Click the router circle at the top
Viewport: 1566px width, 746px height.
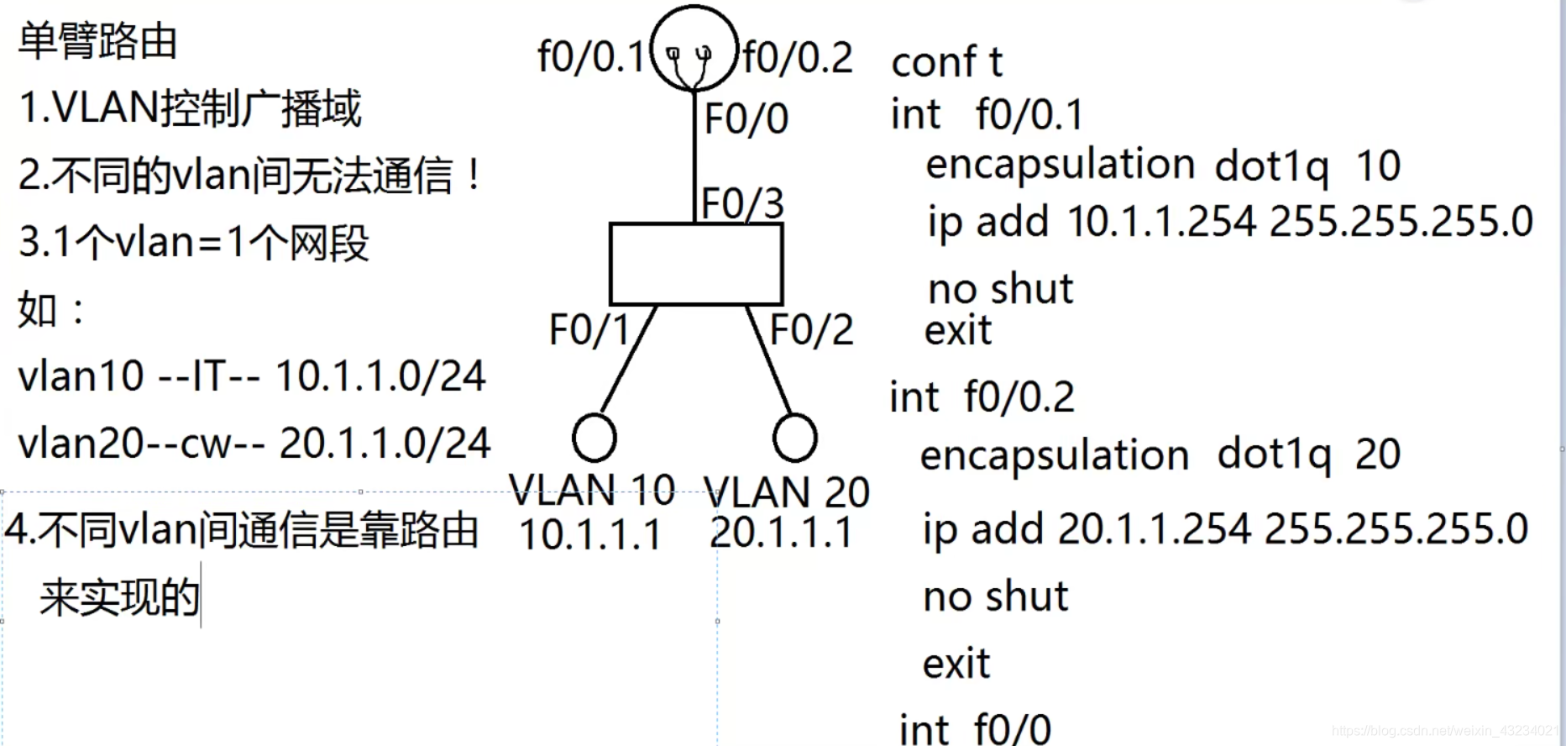[694, 48]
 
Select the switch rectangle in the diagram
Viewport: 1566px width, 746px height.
[696, 264]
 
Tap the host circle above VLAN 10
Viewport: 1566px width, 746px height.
[594, 438]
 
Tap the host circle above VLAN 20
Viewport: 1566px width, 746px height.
[794, 438]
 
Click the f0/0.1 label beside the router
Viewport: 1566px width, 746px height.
[590, 57]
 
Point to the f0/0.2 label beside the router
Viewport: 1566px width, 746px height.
[798, 57]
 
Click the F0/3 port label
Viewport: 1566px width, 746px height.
[743, 203]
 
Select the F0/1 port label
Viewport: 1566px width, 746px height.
[589, 329]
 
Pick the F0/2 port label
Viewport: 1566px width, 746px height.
[811, 329]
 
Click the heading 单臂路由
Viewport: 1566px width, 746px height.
[97, 41]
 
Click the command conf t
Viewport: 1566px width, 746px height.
[946, 62]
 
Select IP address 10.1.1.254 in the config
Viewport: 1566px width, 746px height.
[1162, 222]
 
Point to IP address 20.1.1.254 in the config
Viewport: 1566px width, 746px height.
[1155, 529]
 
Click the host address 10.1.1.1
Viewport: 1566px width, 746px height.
[590, 534]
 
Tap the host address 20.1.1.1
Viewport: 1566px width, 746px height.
[781, 533]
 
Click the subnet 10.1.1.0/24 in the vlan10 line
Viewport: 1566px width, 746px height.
[380, 376]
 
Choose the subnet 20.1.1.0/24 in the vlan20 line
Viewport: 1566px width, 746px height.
[385, 444]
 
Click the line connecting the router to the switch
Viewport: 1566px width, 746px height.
[694, 155]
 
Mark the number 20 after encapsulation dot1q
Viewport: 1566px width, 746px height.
[1377, 454]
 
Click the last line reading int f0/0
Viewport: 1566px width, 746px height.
[974, 728]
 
